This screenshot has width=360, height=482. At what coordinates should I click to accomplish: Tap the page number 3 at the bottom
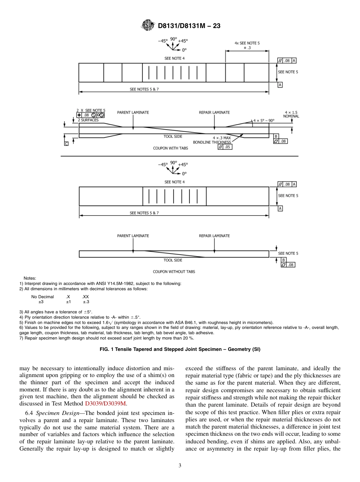(x=180, y=465)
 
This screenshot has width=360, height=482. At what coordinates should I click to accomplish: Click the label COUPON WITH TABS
(x=170, y=148)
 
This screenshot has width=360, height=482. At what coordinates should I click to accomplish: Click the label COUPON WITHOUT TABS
(x=174, y=272)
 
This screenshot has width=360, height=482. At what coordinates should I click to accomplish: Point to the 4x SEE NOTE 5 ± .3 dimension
(x=247, y=45)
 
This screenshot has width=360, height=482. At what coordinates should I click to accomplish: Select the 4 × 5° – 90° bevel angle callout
(x=264, y=120)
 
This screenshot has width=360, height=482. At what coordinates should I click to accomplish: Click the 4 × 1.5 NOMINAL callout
(x=291, y=114)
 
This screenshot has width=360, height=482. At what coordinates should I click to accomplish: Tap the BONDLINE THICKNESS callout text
(x=212, y=142)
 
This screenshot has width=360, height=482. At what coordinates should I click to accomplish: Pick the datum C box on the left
(x=66, y=144)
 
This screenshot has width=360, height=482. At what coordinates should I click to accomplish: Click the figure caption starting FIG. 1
(x=179, y=349)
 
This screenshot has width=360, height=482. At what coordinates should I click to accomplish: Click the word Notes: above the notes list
(x=30, y=278)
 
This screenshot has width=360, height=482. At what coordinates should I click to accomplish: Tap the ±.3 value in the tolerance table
(x=86, y=302)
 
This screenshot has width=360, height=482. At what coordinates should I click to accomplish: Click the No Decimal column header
(x=42, y=297)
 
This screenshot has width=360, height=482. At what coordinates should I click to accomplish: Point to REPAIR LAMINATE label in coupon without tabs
(x=214, y=236)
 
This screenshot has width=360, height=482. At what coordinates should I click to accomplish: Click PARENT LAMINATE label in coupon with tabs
(x=133, y=113)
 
